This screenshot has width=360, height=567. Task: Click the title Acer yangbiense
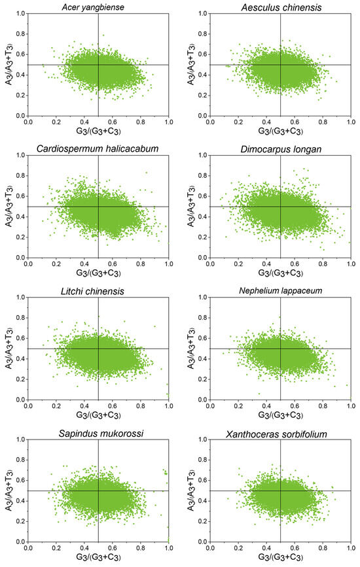click(98, 6)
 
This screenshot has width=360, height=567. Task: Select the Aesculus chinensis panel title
click(280, 6)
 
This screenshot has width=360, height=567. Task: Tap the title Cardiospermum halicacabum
click(98, 148)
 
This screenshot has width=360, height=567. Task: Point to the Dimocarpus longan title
click(280, 148)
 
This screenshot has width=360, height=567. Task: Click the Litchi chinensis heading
click(98, 290)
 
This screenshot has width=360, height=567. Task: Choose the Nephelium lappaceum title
click(280, 290)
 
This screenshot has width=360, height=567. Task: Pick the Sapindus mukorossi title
click(98, 432)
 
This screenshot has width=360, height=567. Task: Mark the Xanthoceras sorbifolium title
click(280, 432)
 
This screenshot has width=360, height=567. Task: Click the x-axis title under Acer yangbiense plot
click(98, 131)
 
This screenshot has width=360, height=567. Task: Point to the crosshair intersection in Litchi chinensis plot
click(98, 349)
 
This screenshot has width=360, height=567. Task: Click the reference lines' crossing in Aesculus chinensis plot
click(280, 65)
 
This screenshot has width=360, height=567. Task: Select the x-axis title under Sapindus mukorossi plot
click(98, 558)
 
